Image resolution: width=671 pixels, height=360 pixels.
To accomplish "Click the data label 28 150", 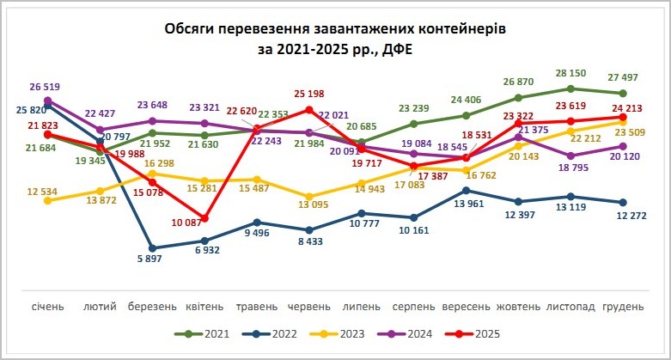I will click(571, 74).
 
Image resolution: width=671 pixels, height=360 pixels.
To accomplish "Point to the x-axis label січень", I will click(48, 307).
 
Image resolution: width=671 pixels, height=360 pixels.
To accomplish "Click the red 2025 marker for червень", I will click(308, 110).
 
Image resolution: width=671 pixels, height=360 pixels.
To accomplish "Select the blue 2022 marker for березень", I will click(152, 247).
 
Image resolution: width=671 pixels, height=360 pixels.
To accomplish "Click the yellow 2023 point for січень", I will click(48, 200).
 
